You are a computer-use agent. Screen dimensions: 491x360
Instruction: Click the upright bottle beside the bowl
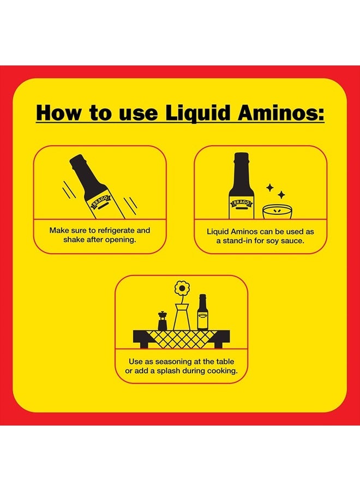tap(241, 185)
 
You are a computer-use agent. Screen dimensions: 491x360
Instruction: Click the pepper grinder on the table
tap(162, 321)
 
